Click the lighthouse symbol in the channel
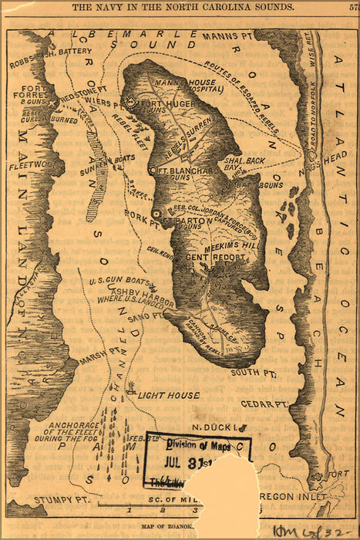[132, 387]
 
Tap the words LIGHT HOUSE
[168, 395]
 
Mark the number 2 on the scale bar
[162, 509]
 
